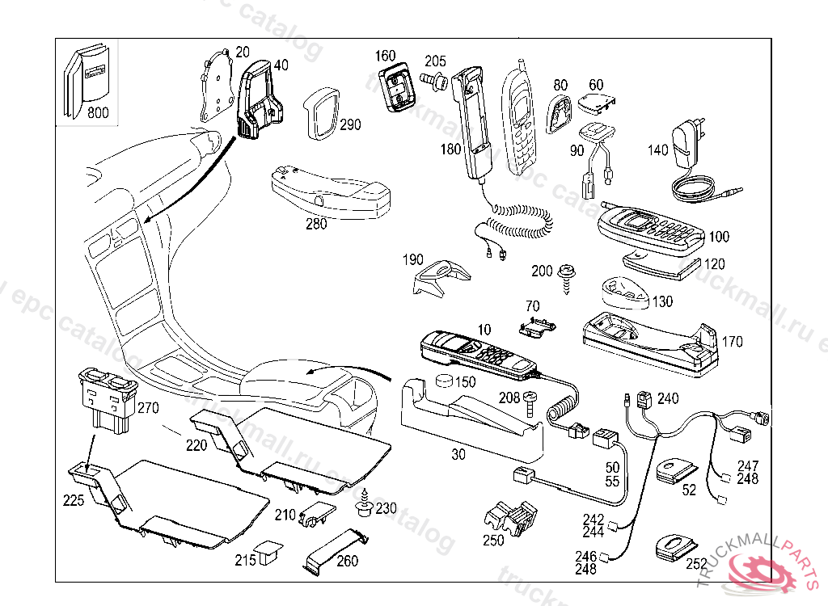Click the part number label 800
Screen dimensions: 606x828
pyautogui.click(x=97, y=113)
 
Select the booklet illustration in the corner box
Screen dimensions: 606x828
pyautogui.click(x=84, y=79)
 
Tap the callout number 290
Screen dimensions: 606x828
pyautogui.click(x=349, y=125)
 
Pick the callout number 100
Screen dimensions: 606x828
pyautogui.click(x=718, y=237)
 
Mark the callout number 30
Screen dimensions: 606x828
pyautogui.click(x=458, y=455)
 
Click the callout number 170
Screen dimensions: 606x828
pyautogui.click(x=732, y=342)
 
